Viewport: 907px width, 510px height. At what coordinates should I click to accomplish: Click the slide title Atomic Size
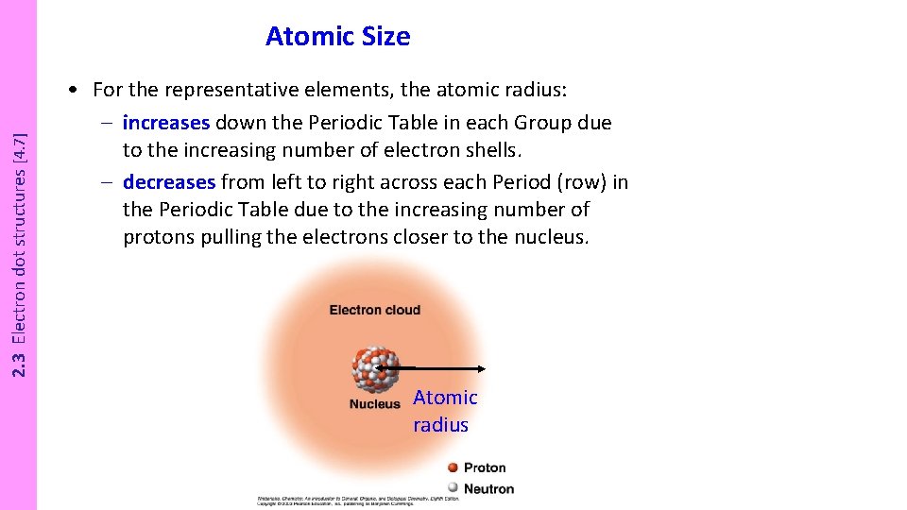[x=337, y=37]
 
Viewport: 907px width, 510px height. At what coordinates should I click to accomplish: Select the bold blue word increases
[x=166, y=123]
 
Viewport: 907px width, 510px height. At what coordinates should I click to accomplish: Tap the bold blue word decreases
[x=169, y=182]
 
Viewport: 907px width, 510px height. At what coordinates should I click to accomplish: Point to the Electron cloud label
[x=374, y=310]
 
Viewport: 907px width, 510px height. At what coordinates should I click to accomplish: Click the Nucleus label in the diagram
[x=374, y=404]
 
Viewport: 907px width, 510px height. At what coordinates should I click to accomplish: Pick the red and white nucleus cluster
[x=375, y=368]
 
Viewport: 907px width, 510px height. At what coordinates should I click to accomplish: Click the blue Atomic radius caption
[x=444, y=411]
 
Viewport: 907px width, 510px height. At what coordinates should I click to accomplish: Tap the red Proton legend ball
[x=453, y=467]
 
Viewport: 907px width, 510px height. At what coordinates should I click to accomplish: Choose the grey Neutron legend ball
[x=453, y=488]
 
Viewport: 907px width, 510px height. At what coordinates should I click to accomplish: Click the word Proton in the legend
[x=485, y=467]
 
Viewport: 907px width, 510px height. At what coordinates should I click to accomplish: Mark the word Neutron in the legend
[x=488, y=489]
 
